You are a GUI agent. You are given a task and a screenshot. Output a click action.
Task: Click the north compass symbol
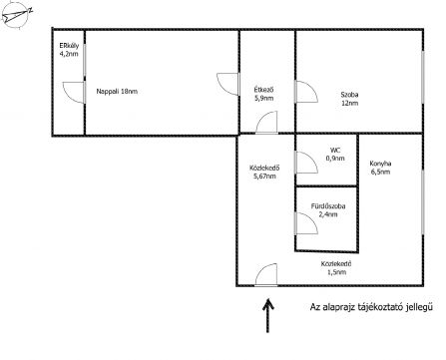16,15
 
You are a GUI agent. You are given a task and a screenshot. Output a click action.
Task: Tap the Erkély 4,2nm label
69,50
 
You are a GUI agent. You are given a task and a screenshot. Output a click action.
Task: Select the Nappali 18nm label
117,91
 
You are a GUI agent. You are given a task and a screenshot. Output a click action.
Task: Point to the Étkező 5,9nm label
263,94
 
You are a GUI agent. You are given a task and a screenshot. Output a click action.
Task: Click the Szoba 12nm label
349,99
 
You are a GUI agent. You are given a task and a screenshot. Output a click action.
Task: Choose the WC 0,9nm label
335,155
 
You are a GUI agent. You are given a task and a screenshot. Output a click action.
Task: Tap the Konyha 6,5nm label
380,168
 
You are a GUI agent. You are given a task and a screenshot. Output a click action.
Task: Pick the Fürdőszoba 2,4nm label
328,210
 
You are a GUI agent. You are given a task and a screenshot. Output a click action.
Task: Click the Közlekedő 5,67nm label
264,172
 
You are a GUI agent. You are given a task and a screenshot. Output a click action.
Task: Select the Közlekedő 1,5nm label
336,268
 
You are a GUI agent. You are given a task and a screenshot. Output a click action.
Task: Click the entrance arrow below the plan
267,315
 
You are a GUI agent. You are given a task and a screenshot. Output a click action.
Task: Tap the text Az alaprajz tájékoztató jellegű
371,307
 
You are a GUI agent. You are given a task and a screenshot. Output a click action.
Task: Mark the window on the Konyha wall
423,202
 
